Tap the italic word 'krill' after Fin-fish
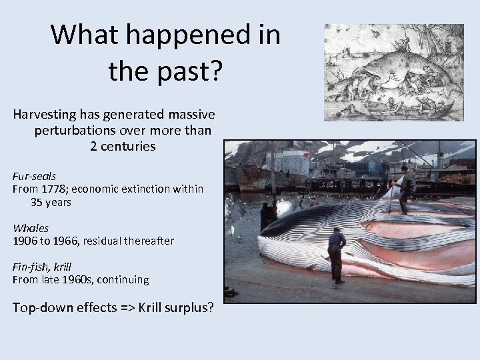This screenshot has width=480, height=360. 61,267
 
